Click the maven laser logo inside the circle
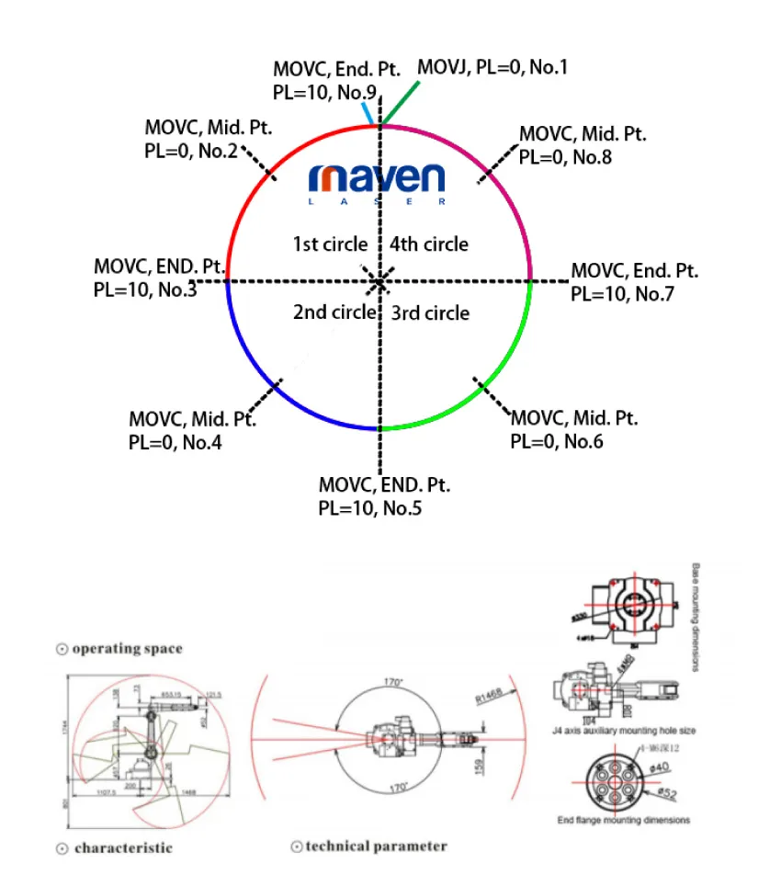377,182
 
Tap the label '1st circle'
330,244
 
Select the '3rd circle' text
430,313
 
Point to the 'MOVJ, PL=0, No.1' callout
492,68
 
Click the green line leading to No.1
401,102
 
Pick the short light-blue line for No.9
368,113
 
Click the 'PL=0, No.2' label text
191,151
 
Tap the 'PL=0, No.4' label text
175,442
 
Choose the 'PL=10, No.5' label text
370,507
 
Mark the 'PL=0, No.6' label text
557,441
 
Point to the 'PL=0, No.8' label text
565,156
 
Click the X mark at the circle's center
378,281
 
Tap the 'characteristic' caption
122,847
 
